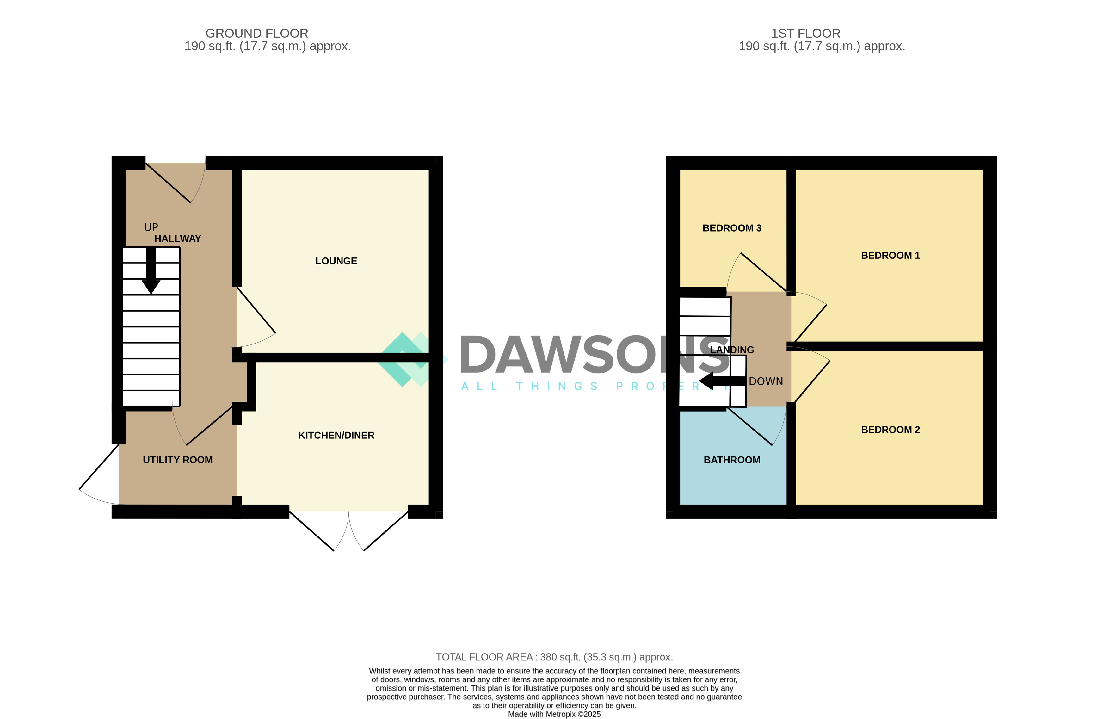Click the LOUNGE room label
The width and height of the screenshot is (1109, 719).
click(336, 261)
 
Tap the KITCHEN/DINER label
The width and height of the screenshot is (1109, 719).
click(336, 435)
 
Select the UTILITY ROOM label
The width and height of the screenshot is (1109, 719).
click(177, 460)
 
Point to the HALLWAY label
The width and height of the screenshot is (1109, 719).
click(177, 239)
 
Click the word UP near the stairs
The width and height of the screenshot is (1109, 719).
click(151, 227)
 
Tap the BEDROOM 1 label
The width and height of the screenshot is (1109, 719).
click(890, 255)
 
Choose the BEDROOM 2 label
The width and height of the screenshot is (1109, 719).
click(890, 430)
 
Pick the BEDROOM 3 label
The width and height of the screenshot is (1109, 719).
click(731, 228)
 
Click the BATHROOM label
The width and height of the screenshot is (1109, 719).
click(731, 460)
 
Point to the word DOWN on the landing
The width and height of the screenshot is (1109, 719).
click(766, 381)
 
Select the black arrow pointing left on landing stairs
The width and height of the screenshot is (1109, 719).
click(720, 381)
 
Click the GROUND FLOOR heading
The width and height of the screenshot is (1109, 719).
click(257, 34)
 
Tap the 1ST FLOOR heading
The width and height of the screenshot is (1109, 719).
click(806, 34)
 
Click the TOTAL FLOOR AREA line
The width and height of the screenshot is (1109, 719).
click(554, 657)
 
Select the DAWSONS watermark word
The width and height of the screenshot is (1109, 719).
click(592, 355)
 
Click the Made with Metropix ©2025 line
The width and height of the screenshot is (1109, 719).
click(554, 714)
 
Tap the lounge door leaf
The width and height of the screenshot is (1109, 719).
click(256, 310)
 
